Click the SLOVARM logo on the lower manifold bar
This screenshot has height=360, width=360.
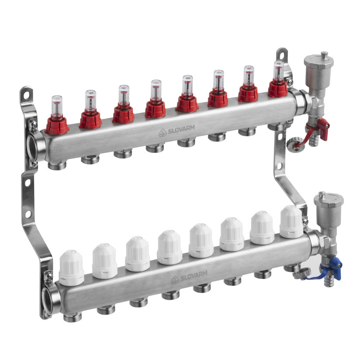coord(189,277)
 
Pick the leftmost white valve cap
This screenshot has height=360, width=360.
coord(71,268)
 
